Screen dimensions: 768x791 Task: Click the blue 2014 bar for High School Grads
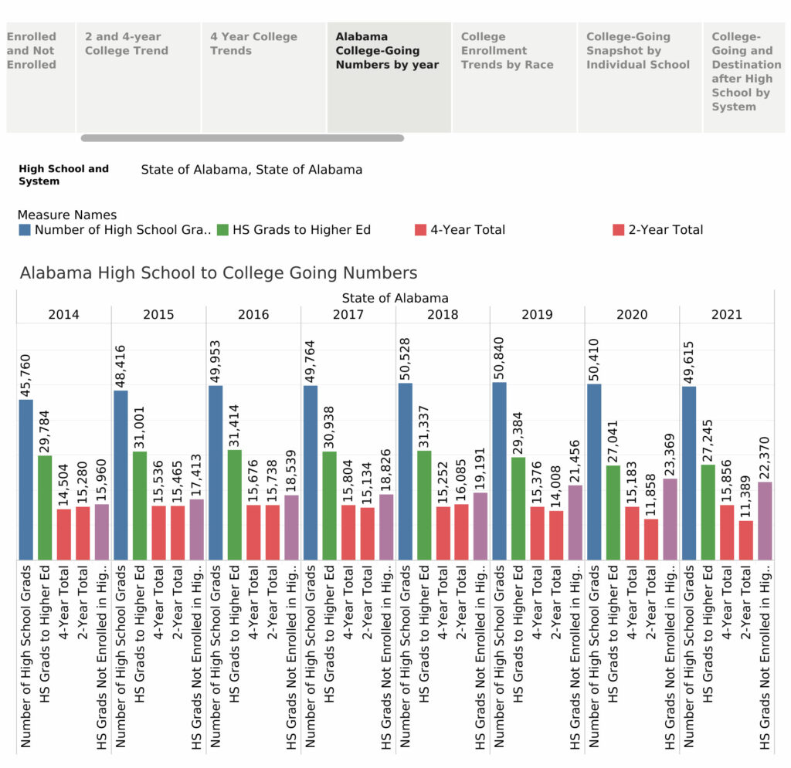point(26,479)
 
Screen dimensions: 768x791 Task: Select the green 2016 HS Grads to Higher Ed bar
point(234,505)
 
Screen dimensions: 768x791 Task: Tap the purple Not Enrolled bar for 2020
point(670,519)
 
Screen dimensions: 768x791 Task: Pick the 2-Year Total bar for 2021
point(745,540)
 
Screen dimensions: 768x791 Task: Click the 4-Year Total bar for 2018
point(443,533)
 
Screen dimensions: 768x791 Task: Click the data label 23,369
point(670,454)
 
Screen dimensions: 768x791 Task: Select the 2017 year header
point(348,315)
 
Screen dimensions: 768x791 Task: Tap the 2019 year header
point(537,315)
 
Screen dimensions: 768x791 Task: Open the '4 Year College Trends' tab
point(253,44)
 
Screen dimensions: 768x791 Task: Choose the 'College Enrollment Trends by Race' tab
point(507,51)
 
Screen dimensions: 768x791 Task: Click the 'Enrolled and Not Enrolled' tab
point(32,51)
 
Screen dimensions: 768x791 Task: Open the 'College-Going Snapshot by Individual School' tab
point(637,51)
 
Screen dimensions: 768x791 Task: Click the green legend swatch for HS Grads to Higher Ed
point(222,229)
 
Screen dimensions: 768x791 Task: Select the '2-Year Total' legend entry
point(665,229)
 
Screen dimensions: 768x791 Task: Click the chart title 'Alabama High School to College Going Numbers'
point(219,273)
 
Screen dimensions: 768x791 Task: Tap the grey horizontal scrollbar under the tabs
point(242,138)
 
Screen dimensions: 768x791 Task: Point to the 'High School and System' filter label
point(63,174)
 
